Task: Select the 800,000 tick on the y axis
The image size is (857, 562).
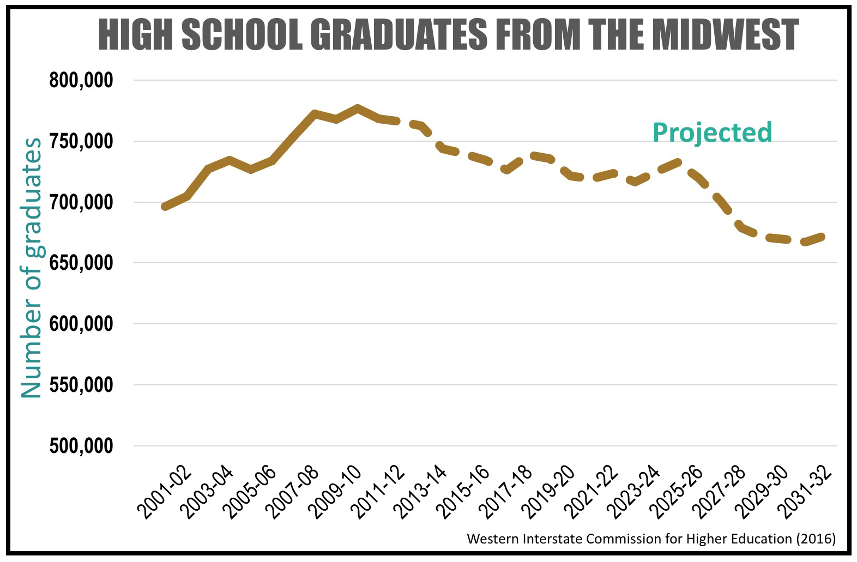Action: pyautogui.click(x=81, y=81)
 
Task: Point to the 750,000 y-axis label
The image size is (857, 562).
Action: pyautogui.click(x=81, y=142)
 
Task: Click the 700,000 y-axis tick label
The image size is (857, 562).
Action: pyautogui.click(x=81, y=203)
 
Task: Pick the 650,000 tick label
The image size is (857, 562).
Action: pyautogui.click(x=81, y=263)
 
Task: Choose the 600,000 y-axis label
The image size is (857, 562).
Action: pyautogui.click(x=81, y=324)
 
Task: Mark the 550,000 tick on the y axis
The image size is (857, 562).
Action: pyautogui.click(x=81, y=385)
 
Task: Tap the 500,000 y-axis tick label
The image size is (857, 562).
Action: pyautogui.click(x=81, y=446)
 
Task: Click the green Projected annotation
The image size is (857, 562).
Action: pyautogui.click(x=712, y=132)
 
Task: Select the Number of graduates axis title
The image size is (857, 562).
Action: pyautogui.click(x=32, y=267)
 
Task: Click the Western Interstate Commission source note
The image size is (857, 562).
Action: pyautogui.click(x=651, y=539)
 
